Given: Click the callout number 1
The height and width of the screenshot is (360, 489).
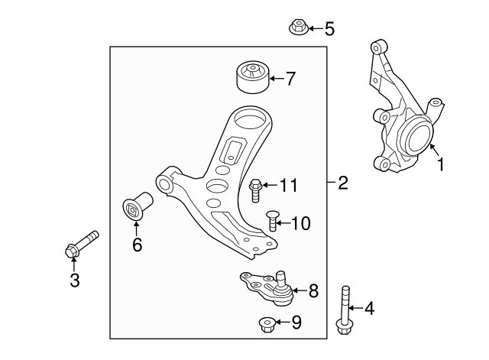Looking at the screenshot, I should [439, 163].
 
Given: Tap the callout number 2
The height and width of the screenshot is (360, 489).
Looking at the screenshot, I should [342, 183].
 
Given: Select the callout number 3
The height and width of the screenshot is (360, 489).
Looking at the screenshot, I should [74, 281].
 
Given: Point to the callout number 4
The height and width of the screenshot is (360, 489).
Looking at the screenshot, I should [370, 310].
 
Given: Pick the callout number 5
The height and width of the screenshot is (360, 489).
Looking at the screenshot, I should [329, 30].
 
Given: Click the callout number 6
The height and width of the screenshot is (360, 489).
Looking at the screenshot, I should [138, 245].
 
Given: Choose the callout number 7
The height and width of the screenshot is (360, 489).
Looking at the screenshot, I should [290, 78].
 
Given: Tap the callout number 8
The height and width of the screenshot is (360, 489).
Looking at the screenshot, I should [313, 290].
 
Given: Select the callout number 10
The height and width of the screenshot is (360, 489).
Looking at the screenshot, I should [301, 223].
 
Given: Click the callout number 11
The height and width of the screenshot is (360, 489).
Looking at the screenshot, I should [287, 185].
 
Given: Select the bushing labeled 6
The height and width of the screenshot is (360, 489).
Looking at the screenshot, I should [137, 206].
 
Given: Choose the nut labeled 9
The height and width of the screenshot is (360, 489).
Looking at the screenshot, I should [267, 323].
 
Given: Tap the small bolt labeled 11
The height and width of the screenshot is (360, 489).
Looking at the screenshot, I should [256, 187].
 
